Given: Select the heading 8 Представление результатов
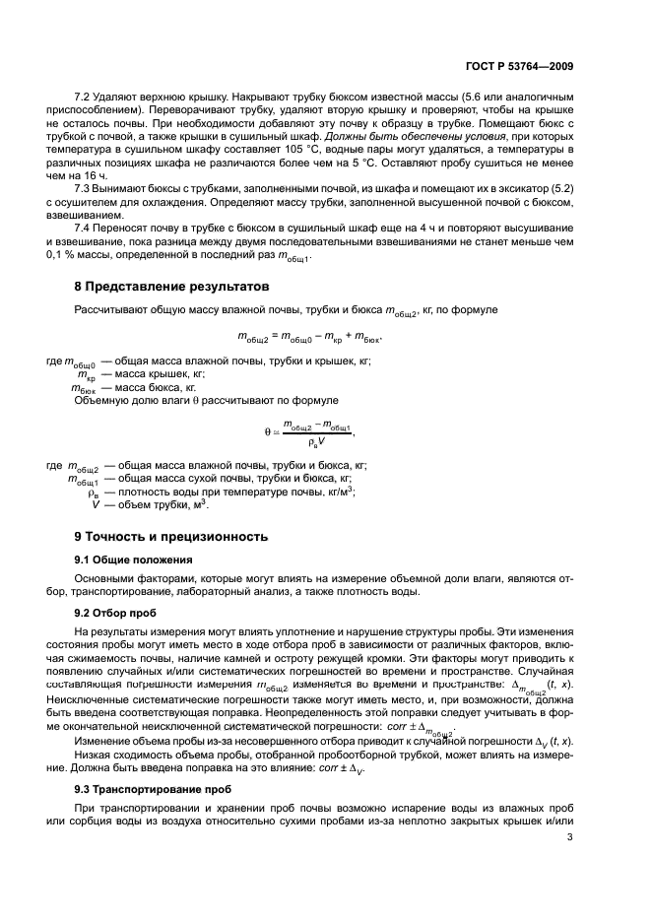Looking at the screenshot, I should coord(171,287).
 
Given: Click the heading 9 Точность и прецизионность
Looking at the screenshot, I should coord(171,537).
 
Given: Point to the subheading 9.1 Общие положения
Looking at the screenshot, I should coord(134,559).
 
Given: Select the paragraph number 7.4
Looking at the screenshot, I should coord(84,228).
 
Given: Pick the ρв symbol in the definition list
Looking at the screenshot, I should coord(95,492).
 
